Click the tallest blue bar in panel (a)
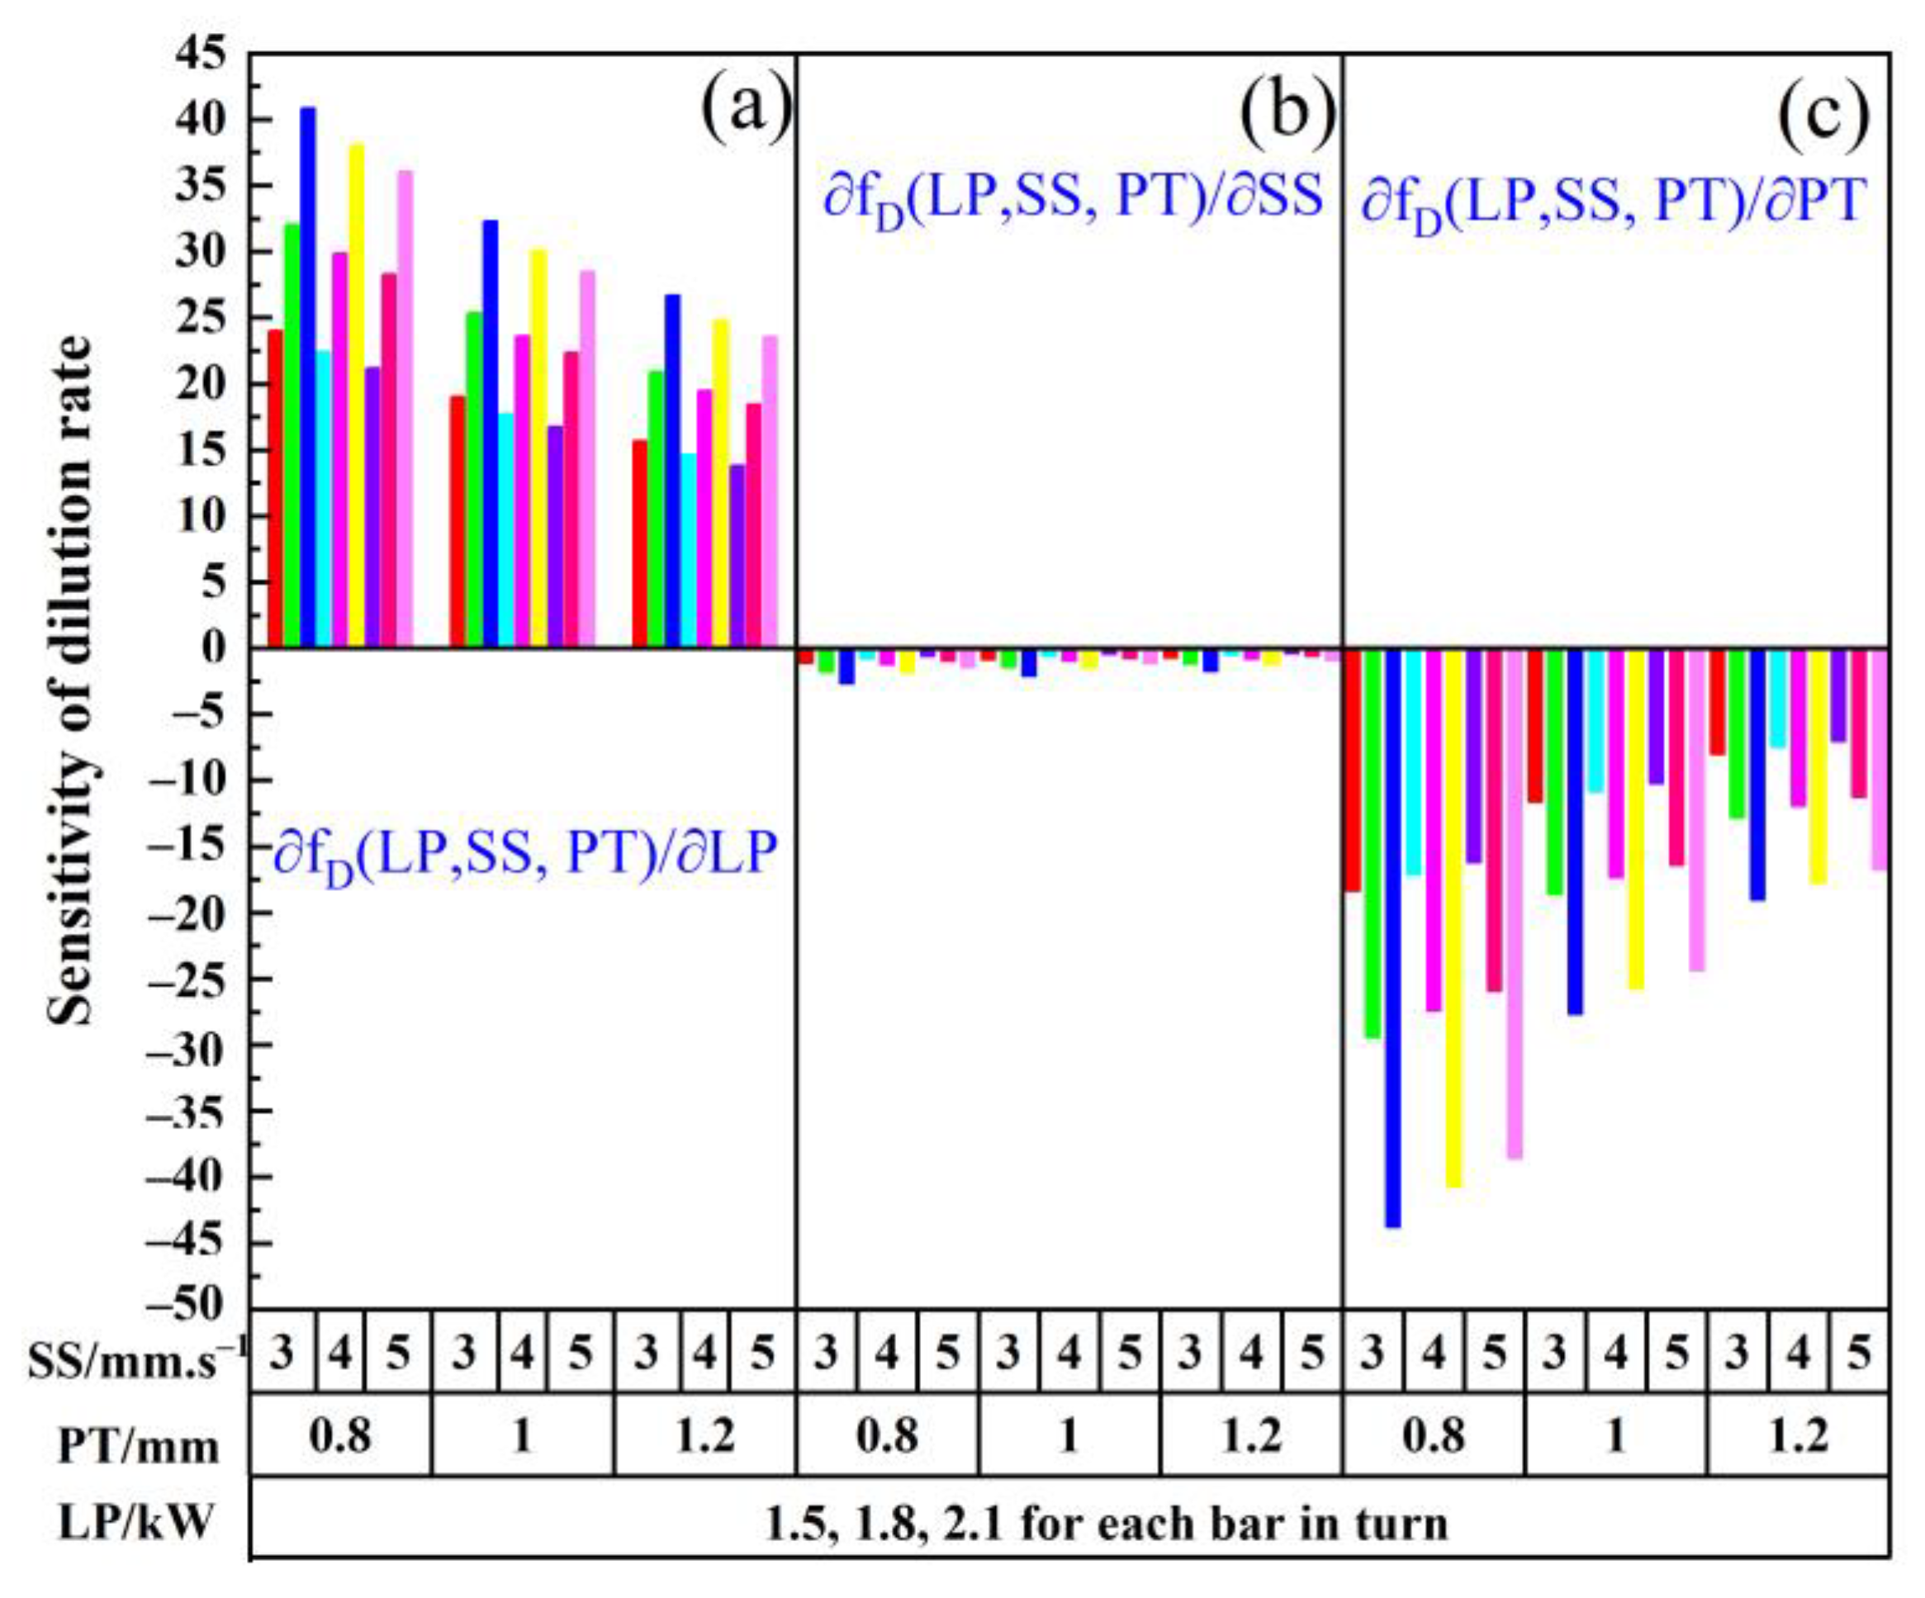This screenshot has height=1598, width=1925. coord(308,376)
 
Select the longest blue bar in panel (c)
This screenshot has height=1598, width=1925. coord(1392,935)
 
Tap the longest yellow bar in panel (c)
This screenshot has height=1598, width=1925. coord(1453,917)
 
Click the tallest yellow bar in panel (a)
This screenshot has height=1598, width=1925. coord(357,394)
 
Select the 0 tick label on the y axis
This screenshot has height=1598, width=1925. coord(213,647)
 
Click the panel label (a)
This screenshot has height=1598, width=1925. coord(744,107)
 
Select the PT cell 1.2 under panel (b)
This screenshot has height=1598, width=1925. coord(1251,1436)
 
